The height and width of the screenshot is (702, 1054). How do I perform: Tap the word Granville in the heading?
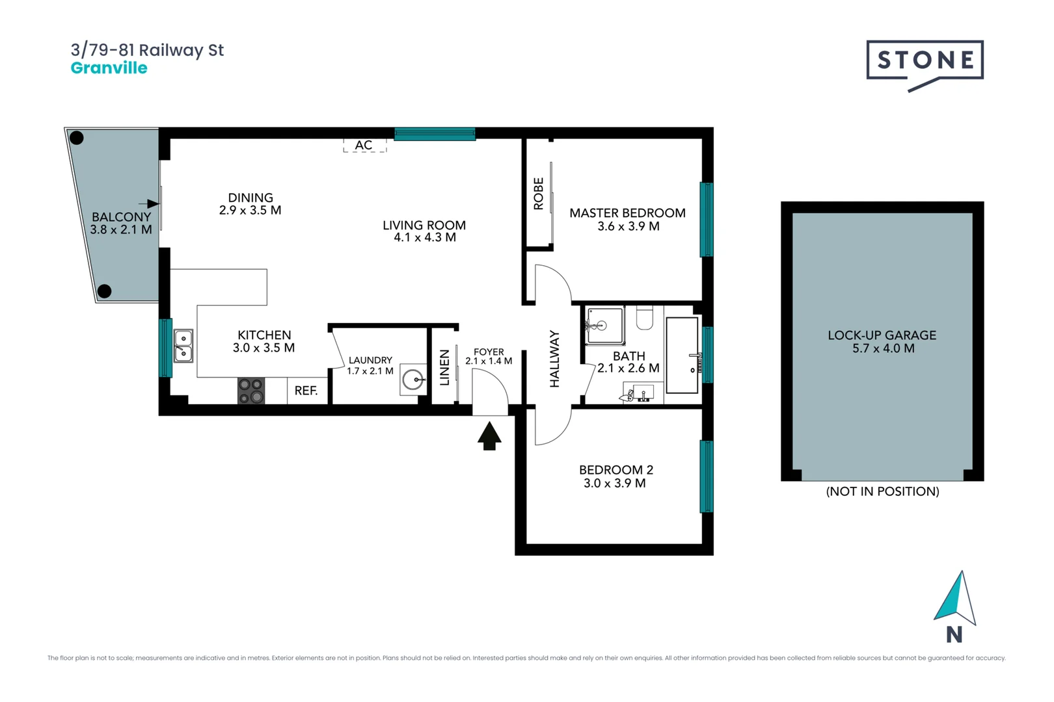coord(109,68)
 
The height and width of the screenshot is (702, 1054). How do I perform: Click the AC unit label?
coord(364,145)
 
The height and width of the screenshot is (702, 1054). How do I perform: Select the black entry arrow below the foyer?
coord(489,435)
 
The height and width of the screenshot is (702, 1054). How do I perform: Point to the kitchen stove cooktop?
coord(251,391)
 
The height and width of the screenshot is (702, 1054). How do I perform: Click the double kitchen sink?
coord(183,345)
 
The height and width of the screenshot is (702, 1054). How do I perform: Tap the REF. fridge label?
coord(306,391)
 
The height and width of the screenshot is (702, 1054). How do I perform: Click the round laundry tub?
coord(412,380)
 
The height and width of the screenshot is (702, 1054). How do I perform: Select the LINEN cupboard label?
coord(445,368)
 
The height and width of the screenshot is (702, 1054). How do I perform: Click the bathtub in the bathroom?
coord(682,355)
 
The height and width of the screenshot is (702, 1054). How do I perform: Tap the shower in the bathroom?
coord(604,325)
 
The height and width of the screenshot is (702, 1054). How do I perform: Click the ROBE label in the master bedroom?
coord(539,194)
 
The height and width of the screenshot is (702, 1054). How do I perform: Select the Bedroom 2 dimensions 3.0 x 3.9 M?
coord(614,483)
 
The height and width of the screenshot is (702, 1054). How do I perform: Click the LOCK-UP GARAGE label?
coord(882,335)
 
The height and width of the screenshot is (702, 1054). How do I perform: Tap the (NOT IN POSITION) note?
coord(882,491)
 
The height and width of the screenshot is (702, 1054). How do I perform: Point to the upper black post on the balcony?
coord(77,138)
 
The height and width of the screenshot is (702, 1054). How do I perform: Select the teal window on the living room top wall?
coord(435,135)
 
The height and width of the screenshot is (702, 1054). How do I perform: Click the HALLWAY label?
coord(554,359)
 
